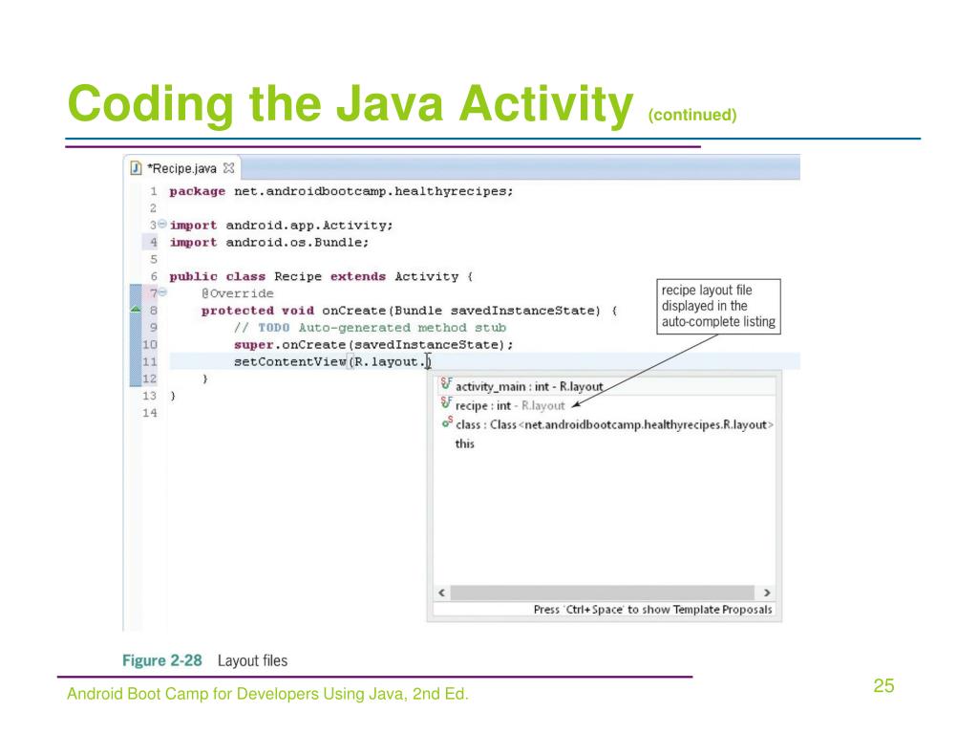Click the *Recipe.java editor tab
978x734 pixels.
[x=181, y=169]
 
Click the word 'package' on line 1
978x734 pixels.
[x=198, y=190]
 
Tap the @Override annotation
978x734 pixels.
[x=237, y=293]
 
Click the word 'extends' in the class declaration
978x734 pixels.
[x=357, y=276]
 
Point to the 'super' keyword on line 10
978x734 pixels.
[x=254, y=344]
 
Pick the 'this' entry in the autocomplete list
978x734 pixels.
[x=465, y=443]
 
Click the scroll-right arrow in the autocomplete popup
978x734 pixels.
[x=769, y=593]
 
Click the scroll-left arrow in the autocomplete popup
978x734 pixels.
[x=439, y=593]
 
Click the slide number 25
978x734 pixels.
[x=882, y=686]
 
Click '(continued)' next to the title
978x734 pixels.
[x=692, y=115]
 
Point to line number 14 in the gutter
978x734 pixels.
[x=150, y=413]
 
